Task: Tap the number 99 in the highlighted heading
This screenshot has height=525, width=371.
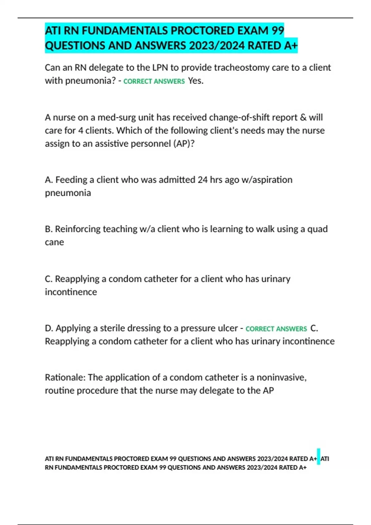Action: pos(278,31)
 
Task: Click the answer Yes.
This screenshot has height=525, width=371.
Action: pos(196,81)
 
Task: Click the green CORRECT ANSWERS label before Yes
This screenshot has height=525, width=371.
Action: pos(154,81)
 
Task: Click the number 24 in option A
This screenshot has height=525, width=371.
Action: pos(203,180)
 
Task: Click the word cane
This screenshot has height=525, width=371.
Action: pos(54,242)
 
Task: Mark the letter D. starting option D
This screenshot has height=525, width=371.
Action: pos(49,328)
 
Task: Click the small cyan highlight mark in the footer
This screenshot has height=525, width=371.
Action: pos(318,456)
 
